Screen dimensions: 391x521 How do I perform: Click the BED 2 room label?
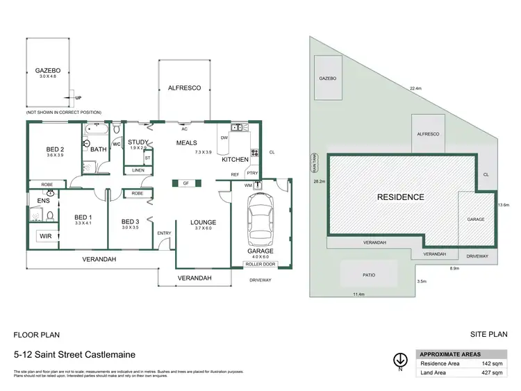click(x=55, y=149)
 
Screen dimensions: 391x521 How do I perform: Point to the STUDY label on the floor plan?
click(x=139, y=142)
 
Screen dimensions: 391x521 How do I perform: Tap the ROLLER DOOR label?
click(x=260, y=264)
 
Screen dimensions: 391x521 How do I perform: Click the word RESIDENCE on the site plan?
click(x=400, y=197)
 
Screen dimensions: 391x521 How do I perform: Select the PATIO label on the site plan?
click(x=368, y=275)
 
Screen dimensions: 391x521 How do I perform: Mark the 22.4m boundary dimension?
click(x=415, y=88)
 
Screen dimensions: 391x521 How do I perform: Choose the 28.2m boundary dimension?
click(x=320, y=181)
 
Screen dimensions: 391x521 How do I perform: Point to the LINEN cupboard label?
click(x=138, y=169)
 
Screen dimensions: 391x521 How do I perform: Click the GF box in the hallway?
click(x=186, y=183)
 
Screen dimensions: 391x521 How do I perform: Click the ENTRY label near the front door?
click(x=165, y=233)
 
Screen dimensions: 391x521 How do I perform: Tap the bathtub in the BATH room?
click(x=97, y=129)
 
